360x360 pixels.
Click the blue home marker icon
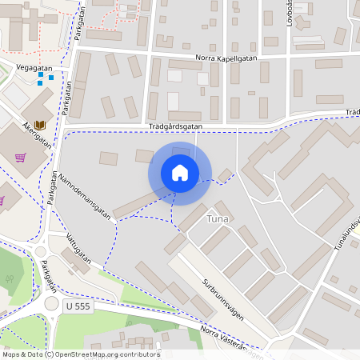pos(180,173)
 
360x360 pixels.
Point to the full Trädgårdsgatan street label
pos(175,126)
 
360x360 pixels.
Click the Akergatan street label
pos(37,135)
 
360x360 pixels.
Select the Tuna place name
pos(218,218)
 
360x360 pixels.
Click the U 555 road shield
pos(78,306)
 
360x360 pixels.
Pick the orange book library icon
pos(40,125)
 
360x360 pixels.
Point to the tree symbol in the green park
pos(10,280)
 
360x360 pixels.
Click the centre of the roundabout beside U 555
pos(52,304)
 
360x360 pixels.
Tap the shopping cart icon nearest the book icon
pos(21,157)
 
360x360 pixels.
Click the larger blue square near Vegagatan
pos(51,77)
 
